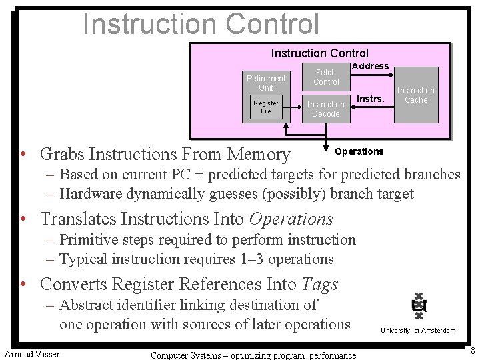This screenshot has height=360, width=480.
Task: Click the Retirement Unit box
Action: pos(266,83)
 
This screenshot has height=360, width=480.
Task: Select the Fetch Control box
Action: pos(326,77)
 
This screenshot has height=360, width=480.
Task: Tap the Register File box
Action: pos(266,107)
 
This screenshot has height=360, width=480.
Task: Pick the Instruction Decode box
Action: pos(326,109)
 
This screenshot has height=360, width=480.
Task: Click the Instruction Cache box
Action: pos(416,95)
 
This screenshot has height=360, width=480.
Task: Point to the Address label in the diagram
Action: pos(370,66)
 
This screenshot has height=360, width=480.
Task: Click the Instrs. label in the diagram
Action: pos(371,99)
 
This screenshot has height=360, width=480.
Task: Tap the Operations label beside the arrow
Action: pos(359,151)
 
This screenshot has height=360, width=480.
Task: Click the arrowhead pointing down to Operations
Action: pos(327,148)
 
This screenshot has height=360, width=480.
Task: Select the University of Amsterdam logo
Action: pos(418,306)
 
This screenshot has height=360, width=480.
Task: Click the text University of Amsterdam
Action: pos(418,331)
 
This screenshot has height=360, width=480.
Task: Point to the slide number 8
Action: pos(472,351)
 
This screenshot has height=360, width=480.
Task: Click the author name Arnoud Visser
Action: pos(32,354)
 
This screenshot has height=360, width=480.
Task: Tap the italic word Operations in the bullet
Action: pos(291,219)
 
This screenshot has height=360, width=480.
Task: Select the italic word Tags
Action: pos(319,284)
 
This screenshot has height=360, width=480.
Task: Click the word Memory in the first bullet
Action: pos(259,154)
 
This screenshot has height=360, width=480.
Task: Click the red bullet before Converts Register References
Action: pos(23,284)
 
